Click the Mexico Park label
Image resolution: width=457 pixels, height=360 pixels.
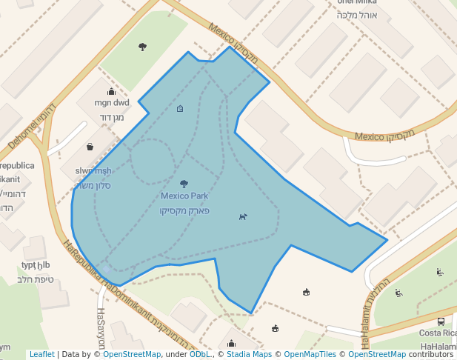point(184,196)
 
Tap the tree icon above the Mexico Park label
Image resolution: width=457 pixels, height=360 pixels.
point(184,183)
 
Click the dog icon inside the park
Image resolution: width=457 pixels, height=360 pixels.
point(243,216)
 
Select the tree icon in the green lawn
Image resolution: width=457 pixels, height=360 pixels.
point(142,47)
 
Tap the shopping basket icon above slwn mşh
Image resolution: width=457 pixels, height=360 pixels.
point(90,147)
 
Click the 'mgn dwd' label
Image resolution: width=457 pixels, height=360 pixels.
point(112,104)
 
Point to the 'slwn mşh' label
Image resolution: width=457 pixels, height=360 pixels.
point(93,171)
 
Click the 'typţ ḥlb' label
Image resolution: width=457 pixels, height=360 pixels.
point(36,265)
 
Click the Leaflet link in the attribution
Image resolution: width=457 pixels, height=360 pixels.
point(41,354)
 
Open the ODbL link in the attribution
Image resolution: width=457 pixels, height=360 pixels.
point(199,354)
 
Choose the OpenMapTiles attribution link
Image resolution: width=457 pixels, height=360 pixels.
point(310,354)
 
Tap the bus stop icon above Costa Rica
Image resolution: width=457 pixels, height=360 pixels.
point(441,321)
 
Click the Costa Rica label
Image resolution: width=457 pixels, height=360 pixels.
point(438,333)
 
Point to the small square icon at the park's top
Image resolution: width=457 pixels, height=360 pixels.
point(180,109)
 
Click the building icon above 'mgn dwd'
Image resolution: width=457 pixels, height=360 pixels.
point(112,91)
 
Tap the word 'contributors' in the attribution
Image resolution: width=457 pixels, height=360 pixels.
point(430,354)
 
